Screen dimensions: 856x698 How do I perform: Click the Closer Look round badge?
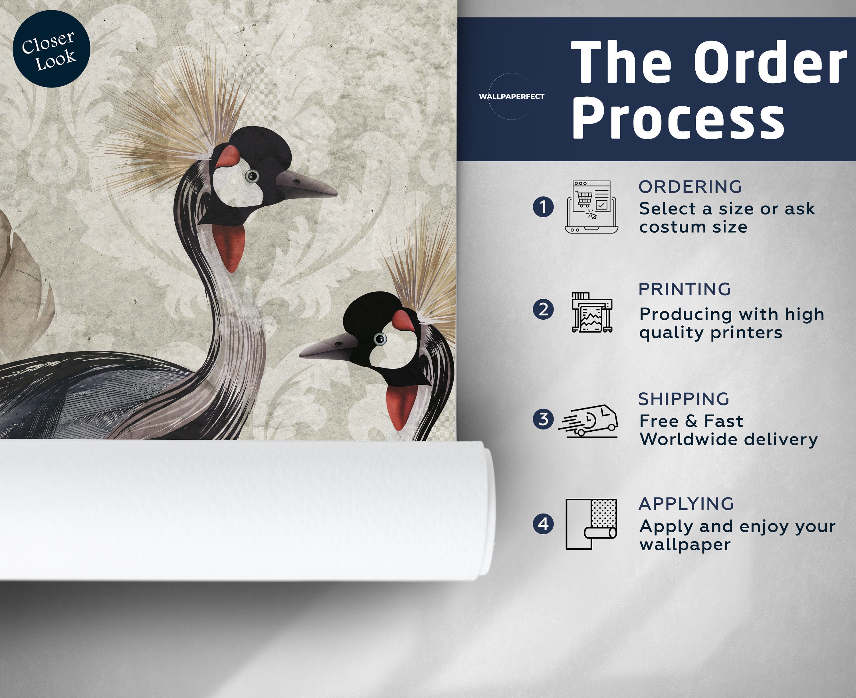[51, 49]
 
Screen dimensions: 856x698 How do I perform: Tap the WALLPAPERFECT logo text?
[511, 96]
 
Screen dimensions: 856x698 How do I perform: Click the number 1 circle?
[543, 207]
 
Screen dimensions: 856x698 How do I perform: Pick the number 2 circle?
[543, 310]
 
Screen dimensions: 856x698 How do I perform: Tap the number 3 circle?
[543, 419]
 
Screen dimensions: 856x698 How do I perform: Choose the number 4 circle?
[543, 524]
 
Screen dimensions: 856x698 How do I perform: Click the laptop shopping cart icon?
[591, 207]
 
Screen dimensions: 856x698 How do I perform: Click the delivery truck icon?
[588, 420]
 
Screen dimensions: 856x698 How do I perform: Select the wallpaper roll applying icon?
[591, 524]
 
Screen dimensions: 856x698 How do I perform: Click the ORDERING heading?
[690, 187]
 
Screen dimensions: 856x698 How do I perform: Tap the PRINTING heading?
[685, 289]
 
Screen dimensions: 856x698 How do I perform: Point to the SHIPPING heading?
[684, 399]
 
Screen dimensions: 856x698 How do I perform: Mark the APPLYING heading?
[686, 504]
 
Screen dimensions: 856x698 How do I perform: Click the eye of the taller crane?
[252, 176]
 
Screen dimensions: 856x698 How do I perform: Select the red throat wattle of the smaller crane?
[401, 406]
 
